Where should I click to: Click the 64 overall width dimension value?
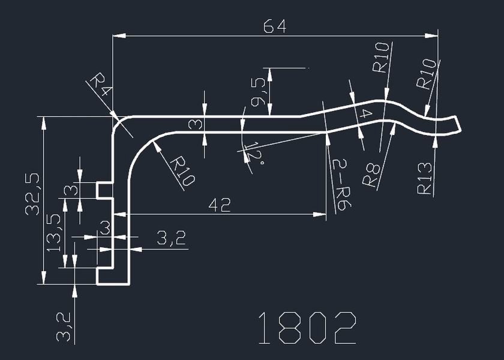click(x=275, y=26)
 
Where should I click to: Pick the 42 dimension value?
click(x=220, y=205)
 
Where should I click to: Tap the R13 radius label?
click(x=425, y=178)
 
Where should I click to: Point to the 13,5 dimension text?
click(x=55, y=232)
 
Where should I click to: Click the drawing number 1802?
click(x=307, y=328)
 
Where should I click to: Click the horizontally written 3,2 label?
click(x=171, y=239)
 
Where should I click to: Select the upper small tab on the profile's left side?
click(x=105, y=190)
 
